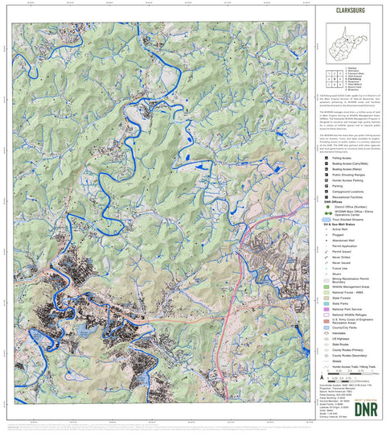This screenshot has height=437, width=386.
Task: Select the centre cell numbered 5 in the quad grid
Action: coord(332,78)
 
